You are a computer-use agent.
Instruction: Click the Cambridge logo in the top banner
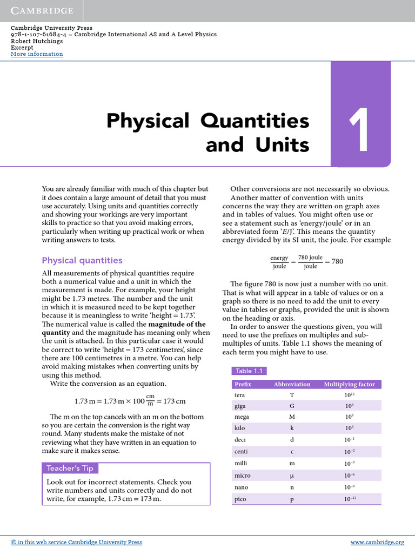point(42,11)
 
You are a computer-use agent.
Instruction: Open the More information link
point(37,54)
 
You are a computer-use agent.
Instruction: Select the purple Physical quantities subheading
point(82,260)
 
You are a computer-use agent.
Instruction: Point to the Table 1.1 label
point(249,371)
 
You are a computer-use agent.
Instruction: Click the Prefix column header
point(243,384)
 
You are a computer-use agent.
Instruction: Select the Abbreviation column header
point(292,384)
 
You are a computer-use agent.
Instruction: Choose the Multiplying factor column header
point(349,384)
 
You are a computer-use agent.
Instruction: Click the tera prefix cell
point(239,395)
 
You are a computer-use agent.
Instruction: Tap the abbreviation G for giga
point(292,406)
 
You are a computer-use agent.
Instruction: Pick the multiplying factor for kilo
point(349,427)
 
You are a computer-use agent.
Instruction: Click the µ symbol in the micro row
point(292,476)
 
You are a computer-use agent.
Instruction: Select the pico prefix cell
point(240,499)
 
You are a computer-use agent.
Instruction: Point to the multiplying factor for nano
point(349,487)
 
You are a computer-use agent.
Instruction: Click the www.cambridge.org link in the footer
point(377,542)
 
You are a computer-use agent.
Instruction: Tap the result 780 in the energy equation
point(337,262)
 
